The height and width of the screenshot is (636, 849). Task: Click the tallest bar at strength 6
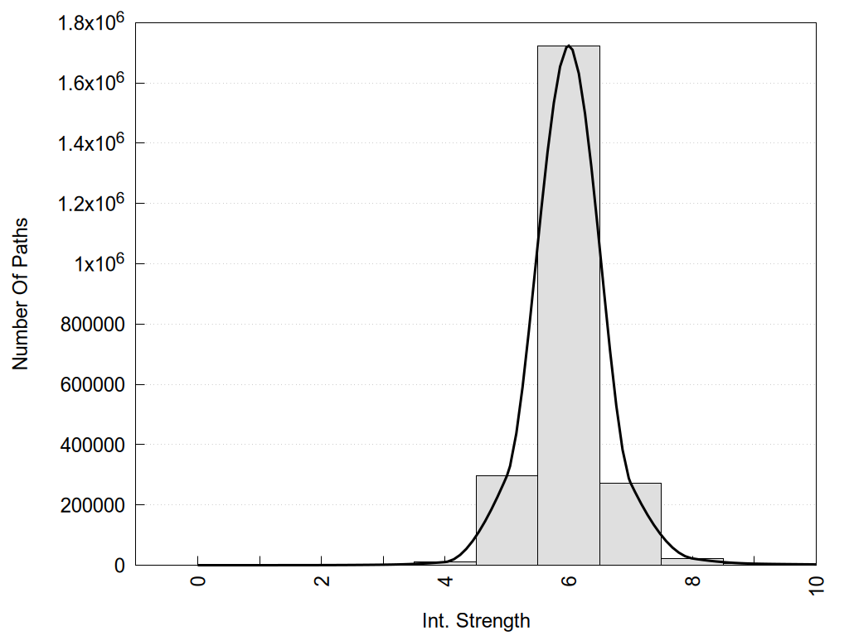(569, 306)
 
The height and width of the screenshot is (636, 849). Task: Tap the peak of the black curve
(569, 46)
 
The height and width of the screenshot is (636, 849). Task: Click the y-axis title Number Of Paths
(20, 294)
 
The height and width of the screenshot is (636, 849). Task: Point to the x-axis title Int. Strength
(476, 620)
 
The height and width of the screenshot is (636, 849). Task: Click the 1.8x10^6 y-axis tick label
(90, 22)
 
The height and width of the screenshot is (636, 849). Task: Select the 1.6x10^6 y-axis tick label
(90, 83)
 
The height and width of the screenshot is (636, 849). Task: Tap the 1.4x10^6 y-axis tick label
(90, 143)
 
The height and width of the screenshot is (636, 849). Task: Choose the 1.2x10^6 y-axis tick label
(90, 204)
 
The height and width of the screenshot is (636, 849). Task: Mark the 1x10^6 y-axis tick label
(96, 263)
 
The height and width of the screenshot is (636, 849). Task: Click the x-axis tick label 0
(198, 581)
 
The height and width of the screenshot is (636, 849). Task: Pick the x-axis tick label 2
(322, 581)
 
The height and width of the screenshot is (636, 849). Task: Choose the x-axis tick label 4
(445, 581)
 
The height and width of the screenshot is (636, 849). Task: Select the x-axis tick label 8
(692, 581)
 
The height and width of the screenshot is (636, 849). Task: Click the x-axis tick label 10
(816, 583)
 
